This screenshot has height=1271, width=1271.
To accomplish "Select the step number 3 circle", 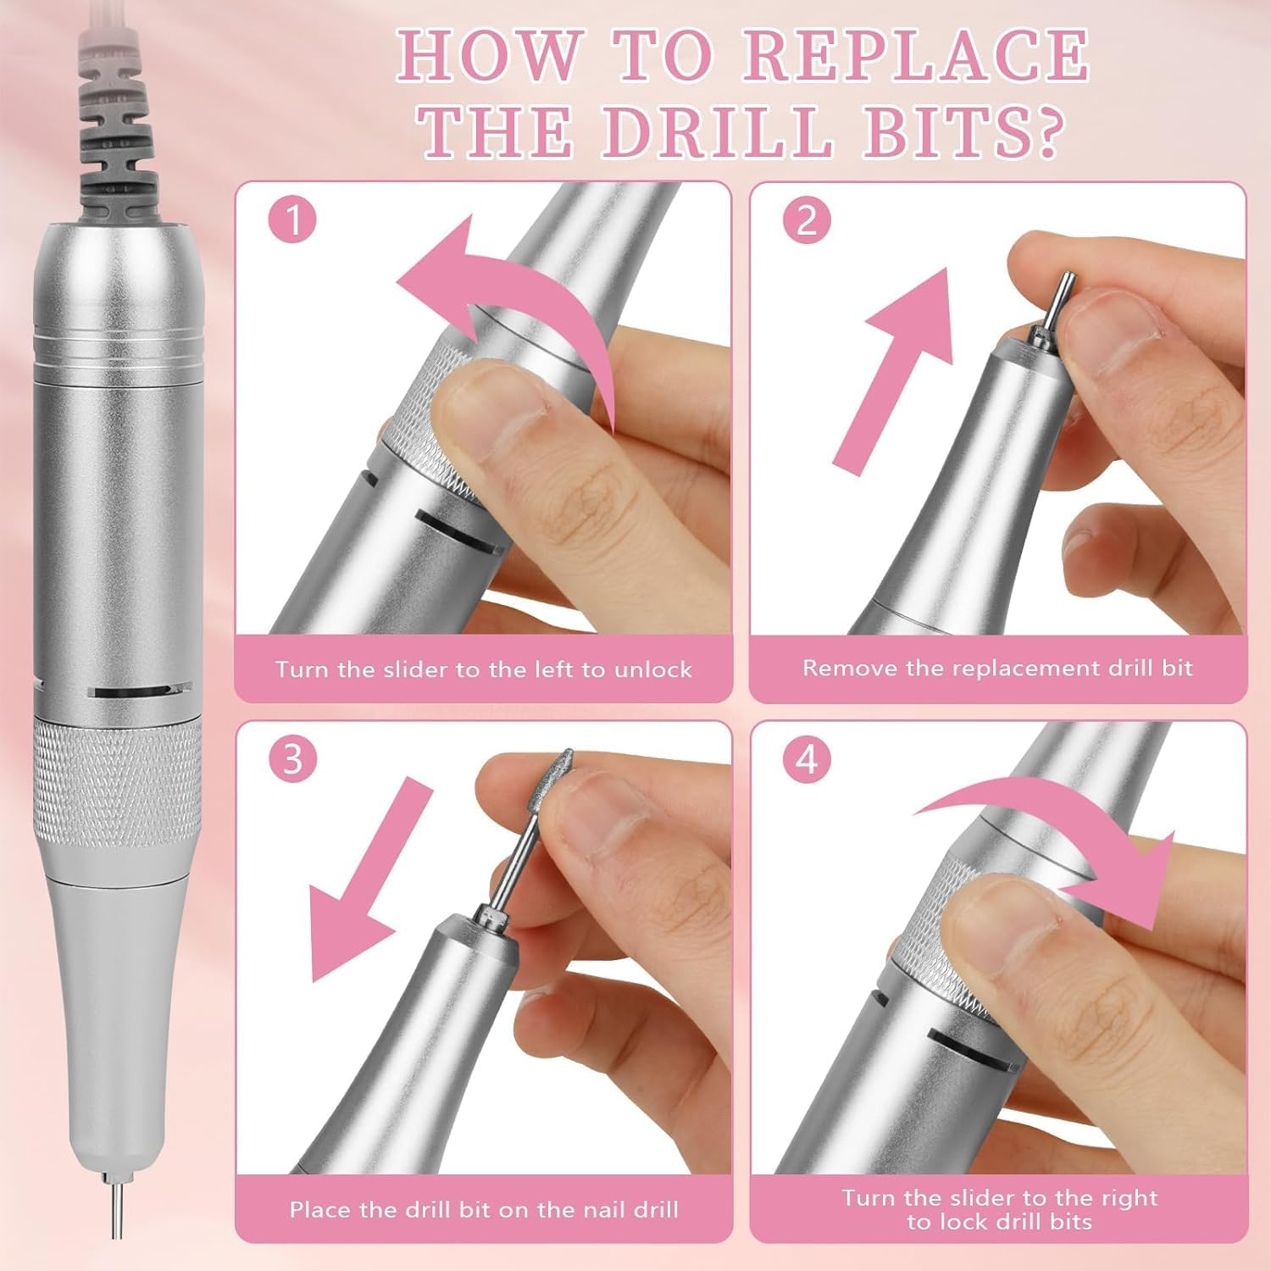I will (292, 758).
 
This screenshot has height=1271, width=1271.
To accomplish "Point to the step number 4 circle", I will (807, 758).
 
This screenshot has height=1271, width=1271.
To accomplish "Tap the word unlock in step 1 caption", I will (652, 669).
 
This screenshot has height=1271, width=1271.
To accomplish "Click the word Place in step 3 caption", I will (320, 1209).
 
